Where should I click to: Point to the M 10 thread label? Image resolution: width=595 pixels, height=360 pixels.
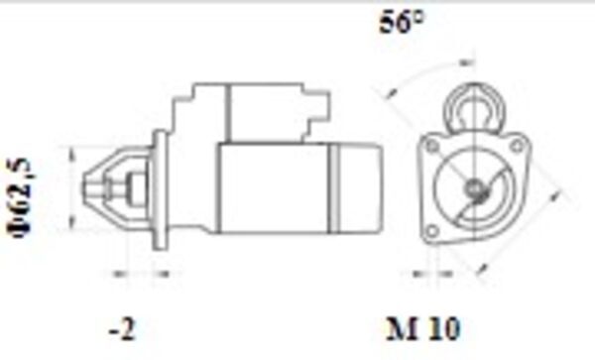click(422, 327)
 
